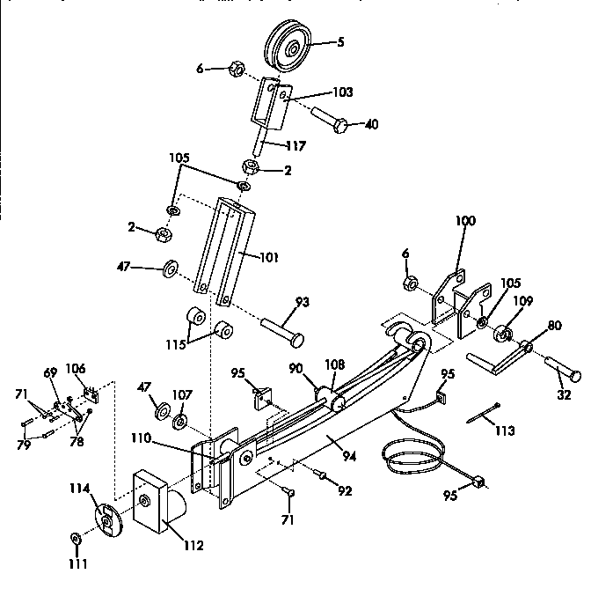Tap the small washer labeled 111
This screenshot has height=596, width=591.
pos(75,538)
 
